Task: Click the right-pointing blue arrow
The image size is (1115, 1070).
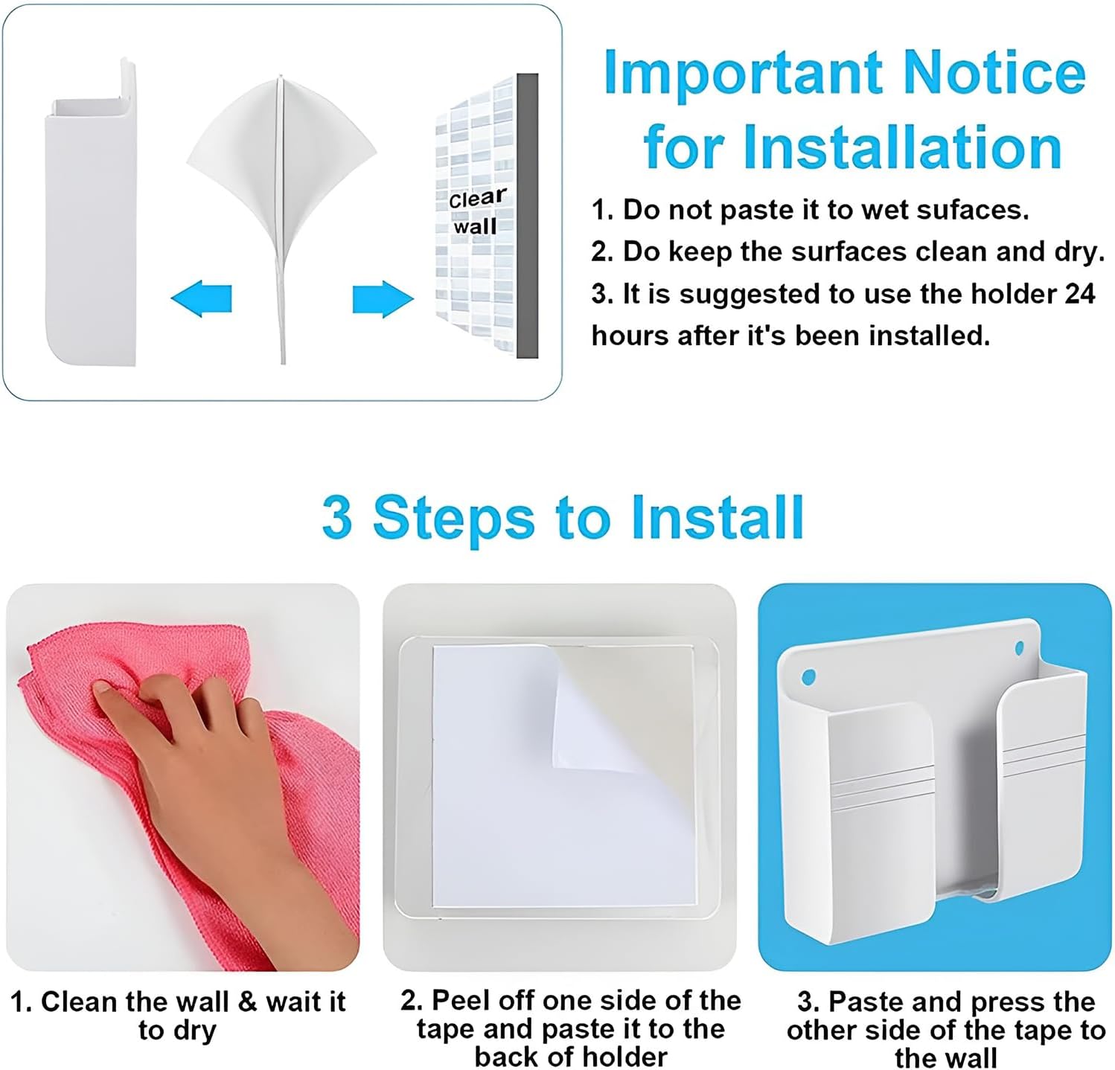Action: (383, 299)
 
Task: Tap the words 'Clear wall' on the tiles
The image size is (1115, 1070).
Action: (477, 211)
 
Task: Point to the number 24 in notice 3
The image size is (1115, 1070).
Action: (1080, 293)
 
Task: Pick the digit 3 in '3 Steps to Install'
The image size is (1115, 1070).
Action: (337, 517)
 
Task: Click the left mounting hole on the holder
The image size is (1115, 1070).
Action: (808, 678)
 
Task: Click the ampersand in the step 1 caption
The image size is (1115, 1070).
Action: (247, 1002)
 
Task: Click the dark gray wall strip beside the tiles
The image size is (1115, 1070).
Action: (527, 215)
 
